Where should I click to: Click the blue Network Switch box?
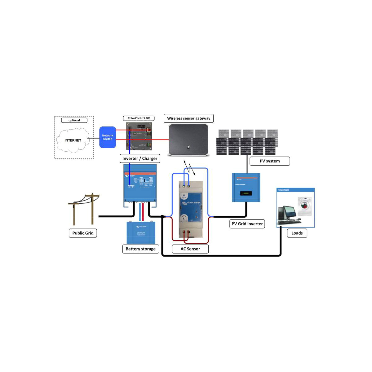tap(108, 137)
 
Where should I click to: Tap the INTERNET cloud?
tap(73, 140)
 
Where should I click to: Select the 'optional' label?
tap(74, 120)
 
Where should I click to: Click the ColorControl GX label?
tap(139, 118)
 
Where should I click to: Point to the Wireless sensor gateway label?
tap(188, 118)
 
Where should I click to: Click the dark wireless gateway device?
tap(188, 140)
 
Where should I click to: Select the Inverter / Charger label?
tap(140, 158)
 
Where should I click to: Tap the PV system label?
tap(270, 161)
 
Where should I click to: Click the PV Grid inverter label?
tap(247, 224)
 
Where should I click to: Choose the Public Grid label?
tap(83, 233)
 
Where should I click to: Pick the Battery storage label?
tap(141, 249)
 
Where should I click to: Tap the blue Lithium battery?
tap(141, 232)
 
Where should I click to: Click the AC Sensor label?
tap(190, 249)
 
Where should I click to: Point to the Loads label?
tap(297, 233)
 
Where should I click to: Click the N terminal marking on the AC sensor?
tap(184, 196)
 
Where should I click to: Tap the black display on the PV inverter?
tap(246, 193)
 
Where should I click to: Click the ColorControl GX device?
tap(139, 136)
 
